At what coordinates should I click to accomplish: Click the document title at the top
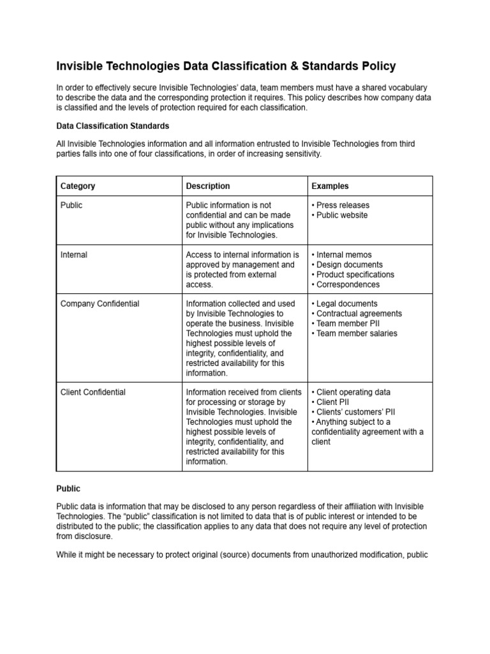(x=226, y=66)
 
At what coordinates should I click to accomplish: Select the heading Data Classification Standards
(x=113, y=126)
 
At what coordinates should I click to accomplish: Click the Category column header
(x=78, y=186)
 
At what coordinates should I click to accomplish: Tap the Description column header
(x=208, y=186)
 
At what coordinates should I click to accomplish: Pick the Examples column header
(x=330, y=186)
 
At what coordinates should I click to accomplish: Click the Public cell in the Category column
(x=71, y=205)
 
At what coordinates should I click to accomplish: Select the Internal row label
(x=74, y=255)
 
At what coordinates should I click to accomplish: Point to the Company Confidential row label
(x=100, y=304)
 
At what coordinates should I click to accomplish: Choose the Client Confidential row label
(x=93, y=392)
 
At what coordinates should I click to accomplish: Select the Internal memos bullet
(x=344, y=255)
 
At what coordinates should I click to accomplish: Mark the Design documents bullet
(x=349, y=264)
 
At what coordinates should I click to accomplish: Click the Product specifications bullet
(x=355, y=275)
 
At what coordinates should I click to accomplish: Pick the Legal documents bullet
(x=346, y=304)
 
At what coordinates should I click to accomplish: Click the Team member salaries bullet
(x=356, y=333)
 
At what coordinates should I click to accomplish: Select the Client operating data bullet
(x=353, y=392)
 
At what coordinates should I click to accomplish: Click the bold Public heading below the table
(x=69, y=489)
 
